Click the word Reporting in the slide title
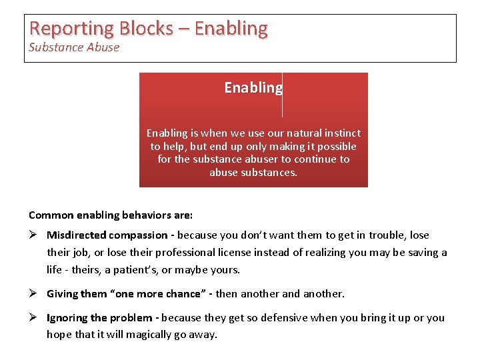click(x=72, y=29)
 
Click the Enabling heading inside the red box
click(x=253, y=88)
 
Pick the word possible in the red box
click(x=335, y=146)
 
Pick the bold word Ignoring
click(x=67, y=318)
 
